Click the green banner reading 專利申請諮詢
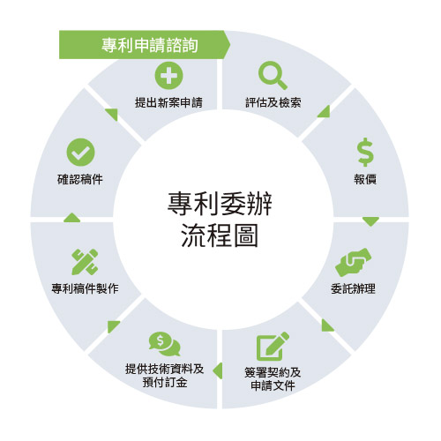point(145,45)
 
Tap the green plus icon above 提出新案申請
point(168,76)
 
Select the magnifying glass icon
point(273,75)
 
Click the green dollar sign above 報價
point(366,152)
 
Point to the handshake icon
point(353,262)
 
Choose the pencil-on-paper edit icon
point(273,346)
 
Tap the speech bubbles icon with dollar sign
point(165,344)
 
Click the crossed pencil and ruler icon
point(85,262)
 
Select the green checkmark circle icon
point(80,153)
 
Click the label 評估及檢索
point(273,102)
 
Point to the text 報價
point(365,179)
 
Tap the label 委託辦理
point(353,288)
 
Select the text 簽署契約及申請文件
point(273,379)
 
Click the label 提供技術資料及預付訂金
point(165,376)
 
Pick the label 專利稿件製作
point(85,288)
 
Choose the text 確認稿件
point(80,179)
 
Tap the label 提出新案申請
point(168,102)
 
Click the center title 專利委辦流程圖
point(220,220)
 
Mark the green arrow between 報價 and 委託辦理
point(370,221)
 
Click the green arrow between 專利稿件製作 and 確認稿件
point(72,218)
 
